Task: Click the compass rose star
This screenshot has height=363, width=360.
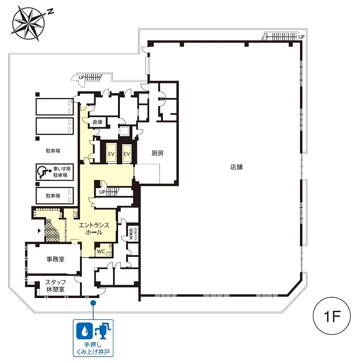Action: point(28,23)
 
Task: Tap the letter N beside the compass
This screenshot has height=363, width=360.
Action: point(50,11)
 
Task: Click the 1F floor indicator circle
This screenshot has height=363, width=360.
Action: point(332,316)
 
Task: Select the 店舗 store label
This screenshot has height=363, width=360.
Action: point(236,167)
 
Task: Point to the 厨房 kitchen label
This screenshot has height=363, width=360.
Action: point(157,153)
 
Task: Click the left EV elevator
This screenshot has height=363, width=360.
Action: point(111,153)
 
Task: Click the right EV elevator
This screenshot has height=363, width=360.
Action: point(127,153)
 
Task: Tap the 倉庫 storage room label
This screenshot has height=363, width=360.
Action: point(97,122)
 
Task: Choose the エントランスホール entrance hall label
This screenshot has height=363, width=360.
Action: point(94,228)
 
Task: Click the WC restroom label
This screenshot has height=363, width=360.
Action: point(101,251)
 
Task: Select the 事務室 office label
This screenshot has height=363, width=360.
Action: point(55,259)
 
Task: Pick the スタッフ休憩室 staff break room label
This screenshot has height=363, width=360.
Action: point(55,286)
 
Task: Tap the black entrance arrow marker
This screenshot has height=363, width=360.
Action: point(39,231)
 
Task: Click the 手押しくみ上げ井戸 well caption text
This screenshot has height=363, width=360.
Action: point(93,348)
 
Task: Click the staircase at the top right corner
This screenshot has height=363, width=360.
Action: point(281,37)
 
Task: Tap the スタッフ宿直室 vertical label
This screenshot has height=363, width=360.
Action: point(133,233)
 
